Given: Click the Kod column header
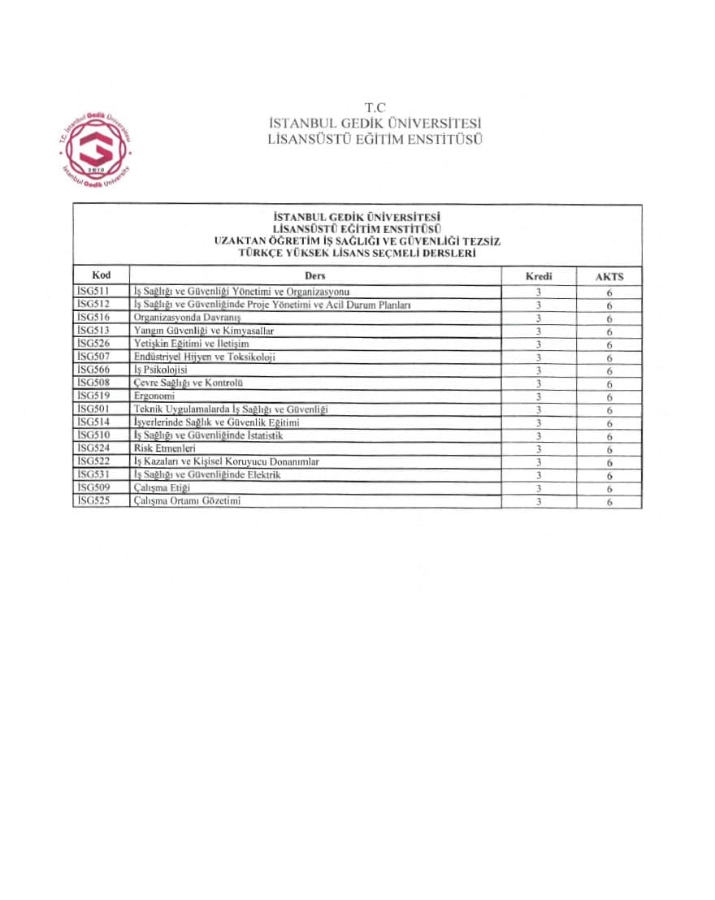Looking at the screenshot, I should pyautogui.click(x=101, y=275).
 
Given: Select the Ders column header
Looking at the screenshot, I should pyautogui.click(x=314, y=275).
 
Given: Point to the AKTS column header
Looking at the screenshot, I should pyautogui.click(x=609, y=276).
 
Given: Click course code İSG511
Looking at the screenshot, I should pyautogui.click(x=92, y=290).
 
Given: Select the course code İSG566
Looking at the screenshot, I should pyautogui.click(x=92, y=369).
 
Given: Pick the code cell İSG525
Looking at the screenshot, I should pyautogui.click(x=92, y=500).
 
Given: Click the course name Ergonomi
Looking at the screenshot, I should pyautogui.click(x=154, y=396).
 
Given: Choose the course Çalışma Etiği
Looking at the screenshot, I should pyautogui.click(x=162, y=487).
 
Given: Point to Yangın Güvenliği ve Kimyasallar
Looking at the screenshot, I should pyautogui.click(x=204, y=330).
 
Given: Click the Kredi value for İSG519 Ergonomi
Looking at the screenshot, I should pyautogui.click(x=538, y=396).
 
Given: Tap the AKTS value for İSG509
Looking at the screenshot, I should pyautogui.click(x=609, y=488).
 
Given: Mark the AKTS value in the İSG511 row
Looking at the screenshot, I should pyautogui.click(x=609, y=292).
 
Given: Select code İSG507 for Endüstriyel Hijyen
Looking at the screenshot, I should pyautogui.click(x=92, y=356).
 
